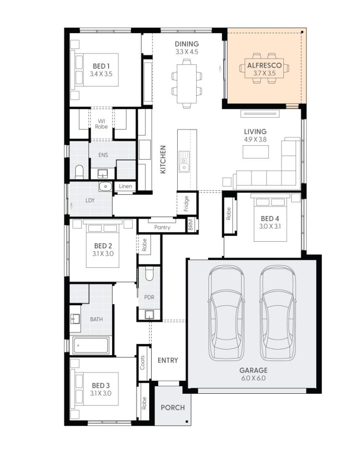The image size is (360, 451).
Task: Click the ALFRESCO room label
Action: point(264,66)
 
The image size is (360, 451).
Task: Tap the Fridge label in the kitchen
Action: point(186,204)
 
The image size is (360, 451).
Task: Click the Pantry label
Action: point(162,227)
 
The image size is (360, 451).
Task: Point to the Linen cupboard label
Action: point(125,187)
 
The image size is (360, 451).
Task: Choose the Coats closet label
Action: point(143,363)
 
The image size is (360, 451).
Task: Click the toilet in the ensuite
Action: point(79,172)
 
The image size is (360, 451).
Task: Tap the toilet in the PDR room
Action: point(149,274)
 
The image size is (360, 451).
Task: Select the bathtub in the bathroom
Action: point(91,345)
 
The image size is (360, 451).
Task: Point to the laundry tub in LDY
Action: point(105,186)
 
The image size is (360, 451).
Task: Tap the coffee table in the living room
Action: point(256,152)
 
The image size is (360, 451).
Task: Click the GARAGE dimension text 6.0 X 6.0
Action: point(253,378)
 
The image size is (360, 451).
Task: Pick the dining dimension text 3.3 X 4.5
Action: point(187,52)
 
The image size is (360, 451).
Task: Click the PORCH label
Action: point(173,407)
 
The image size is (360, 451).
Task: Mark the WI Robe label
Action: point(101,124)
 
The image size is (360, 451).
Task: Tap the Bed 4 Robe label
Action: point(229,214)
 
